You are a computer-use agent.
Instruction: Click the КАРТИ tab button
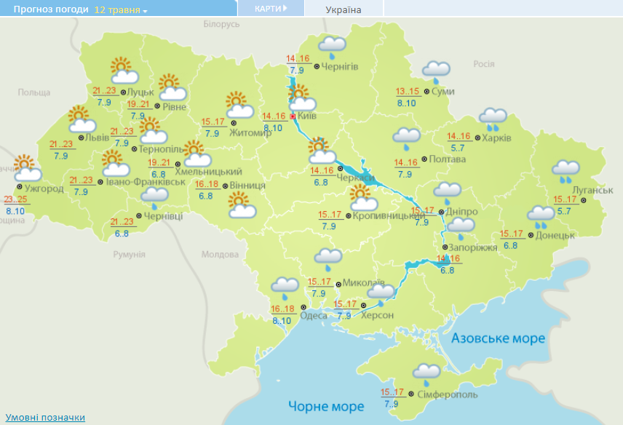click(x=271, y=9)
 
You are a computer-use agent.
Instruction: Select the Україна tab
click(x=344, y=9)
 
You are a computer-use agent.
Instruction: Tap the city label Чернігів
click(x=339, y=66)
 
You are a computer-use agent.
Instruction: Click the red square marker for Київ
click(x=293, y=116)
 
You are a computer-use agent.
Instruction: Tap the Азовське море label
click(x=498, y=338)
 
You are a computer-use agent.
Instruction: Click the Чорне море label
click(x=325, y=405)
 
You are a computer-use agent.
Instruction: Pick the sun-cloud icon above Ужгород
click(x=28, y=168)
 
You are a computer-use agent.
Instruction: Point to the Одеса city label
click(x=313, y=315)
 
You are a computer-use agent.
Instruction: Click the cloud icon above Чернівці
click(x=154, y=195)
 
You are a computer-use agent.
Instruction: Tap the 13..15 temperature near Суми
click(x=408, y=92)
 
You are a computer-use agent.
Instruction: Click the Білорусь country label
click(x=221, y=25)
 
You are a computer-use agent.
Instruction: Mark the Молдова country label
click(x=220, y=255)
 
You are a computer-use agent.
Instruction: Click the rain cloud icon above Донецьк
click(x=541, y=215)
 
